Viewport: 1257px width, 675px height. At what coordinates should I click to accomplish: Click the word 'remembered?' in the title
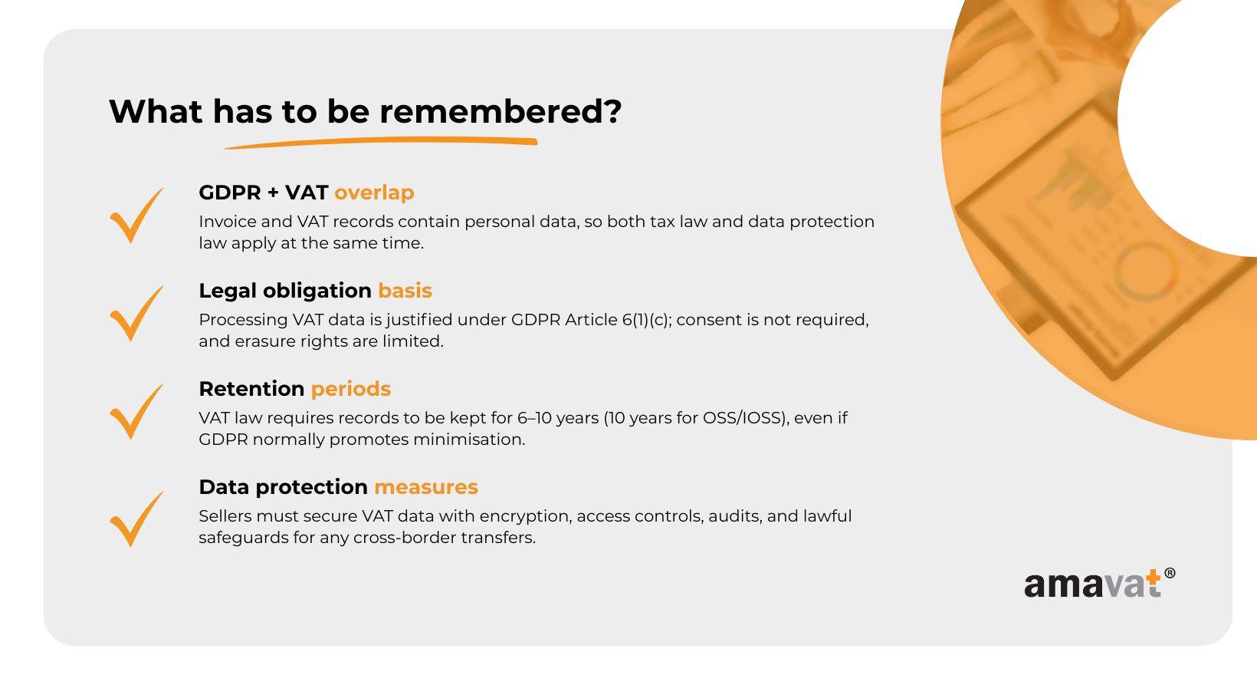click(x=501, y=111)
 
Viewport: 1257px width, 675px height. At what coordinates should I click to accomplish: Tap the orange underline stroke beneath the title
click(x=382, y=142)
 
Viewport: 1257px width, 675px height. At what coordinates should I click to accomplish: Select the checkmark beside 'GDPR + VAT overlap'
click(x=136, y=215)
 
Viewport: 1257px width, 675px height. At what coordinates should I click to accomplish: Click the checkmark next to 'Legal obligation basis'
click(x=136, y=314)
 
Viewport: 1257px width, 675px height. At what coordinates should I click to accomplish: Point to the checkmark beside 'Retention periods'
click(x=136, y=412)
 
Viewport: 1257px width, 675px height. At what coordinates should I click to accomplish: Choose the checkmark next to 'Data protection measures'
click(x=136, y=519)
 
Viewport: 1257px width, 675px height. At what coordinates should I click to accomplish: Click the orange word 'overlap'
click(x=374, y=193)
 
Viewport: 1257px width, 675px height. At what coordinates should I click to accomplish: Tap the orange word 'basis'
click(x=405, y=291)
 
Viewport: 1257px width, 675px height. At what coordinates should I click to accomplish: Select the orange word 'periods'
click(x=351, y=390)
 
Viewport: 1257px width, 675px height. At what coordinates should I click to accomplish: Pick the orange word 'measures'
click(x=426, y=487)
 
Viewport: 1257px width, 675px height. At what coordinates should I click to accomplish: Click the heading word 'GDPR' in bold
click(x=230, y=193)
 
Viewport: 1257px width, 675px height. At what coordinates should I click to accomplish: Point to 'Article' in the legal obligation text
click(x=591, y=320)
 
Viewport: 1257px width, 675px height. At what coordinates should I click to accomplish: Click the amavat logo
click(x=1099, y=584)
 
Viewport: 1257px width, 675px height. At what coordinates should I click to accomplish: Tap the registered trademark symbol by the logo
click(x=1170, y=573)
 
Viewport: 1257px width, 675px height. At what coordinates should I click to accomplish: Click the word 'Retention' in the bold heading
click(x=252, y=389)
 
